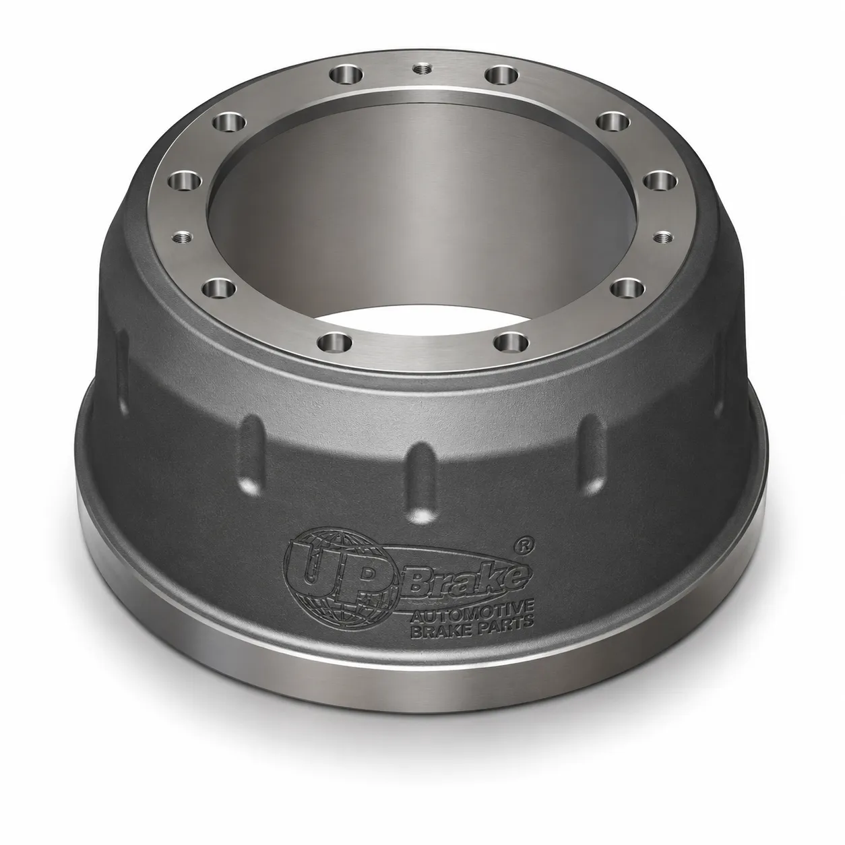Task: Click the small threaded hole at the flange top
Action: [x=422, y=69]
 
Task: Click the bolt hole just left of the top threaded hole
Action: [x=347, y=75]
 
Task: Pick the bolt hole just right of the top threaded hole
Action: [x=503, y=75]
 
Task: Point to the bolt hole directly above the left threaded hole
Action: [x=185, y=181]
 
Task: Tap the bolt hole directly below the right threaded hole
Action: [x=626, y=288]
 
